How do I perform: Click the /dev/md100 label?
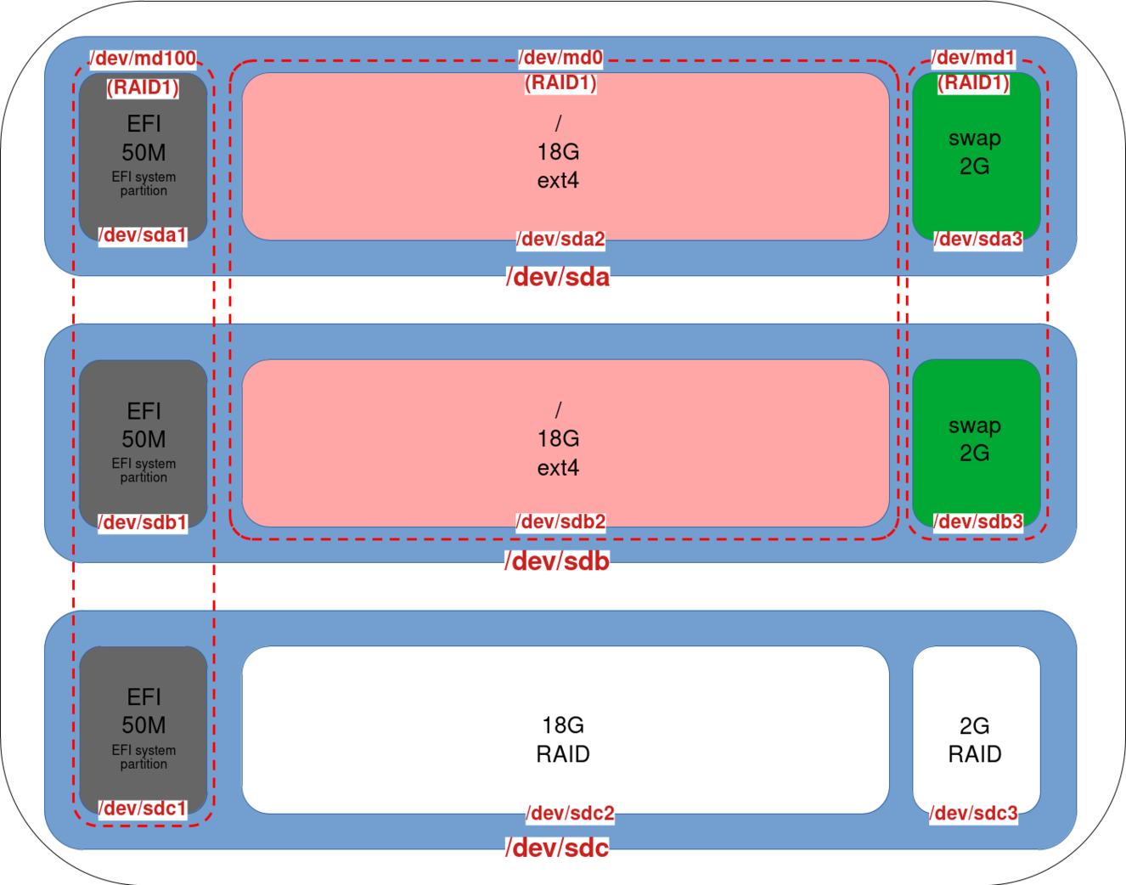[144, 59]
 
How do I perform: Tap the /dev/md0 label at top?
[561, 58]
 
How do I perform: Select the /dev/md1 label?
[973, 58]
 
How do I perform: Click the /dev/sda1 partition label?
[143, 235]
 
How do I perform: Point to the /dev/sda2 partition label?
[561, 240]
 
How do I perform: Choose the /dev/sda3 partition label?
[978, 240]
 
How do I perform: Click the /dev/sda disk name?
[558, 278]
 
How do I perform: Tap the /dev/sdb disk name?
[558, 561]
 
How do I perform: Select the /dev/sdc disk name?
[558, 848]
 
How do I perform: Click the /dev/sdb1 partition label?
[143, 522]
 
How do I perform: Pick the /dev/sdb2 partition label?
[561, 521]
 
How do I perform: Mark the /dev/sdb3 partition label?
[978, 521]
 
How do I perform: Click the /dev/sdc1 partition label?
[143, 809]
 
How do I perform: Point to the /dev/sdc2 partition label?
[570, 814]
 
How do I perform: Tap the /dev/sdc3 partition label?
[974, 814]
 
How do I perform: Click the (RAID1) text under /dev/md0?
[560, 83]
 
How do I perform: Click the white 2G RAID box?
[976, 730]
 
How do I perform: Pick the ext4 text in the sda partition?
[558, 181]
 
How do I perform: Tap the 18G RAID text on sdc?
[563, 740]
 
